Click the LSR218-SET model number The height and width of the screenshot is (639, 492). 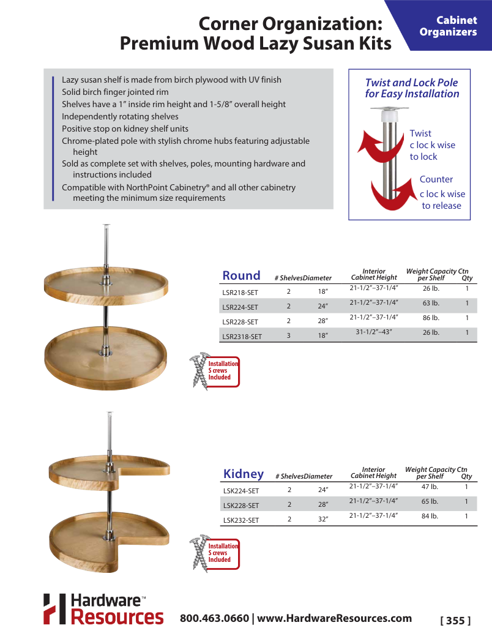click(240, 293)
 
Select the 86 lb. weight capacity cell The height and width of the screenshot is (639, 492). click(431, 318)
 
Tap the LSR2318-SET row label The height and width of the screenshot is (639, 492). click(242, 336)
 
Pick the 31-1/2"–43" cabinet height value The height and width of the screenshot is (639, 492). click(373, 332)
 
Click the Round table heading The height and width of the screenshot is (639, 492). click(241, 275)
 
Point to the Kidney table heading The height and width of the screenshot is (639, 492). click(244, 474)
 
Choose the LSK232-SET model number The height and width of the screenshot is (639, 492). click(240, 520)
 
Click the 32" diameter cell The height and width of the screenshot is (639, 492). click(323, 519)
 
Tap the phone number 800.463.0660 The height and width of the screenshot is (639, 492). click(214, 618)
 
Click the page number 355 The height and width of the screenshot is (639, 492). click(455, 620)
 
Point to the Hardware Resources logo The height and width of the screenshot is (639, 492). click(103, 609)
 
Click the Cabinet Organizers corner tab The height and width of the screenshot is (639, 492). click(448, 26)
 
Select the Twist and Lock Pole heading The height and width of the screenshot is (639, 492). click(411, 88)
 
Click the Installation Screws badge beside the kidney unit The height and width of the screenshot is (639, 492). click(216, 553)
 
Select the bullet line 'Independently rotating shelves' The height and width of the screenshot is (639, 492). click(120, 116)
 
